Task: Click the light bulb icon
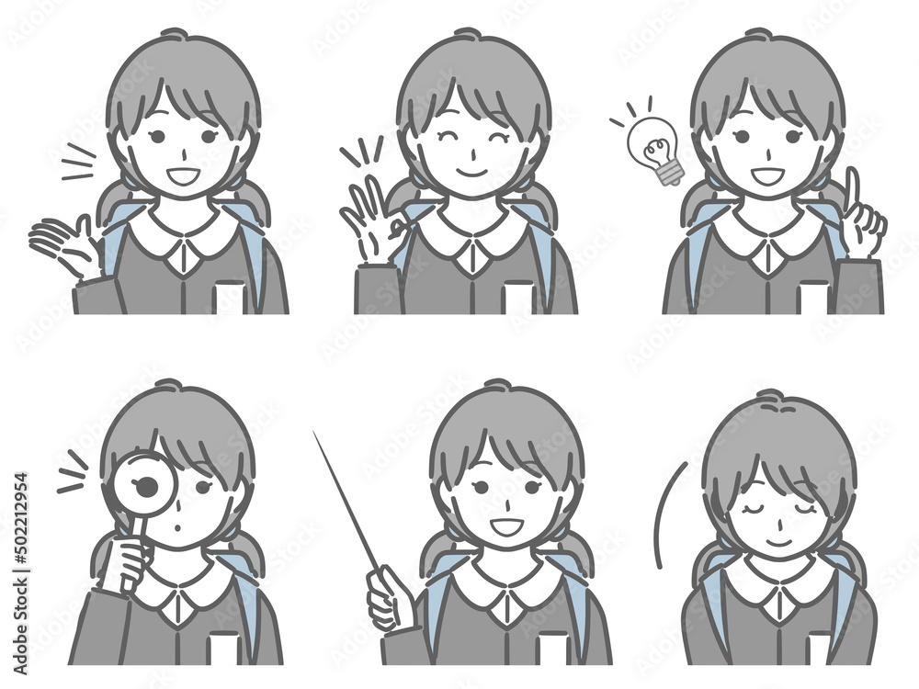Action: coord(652,146)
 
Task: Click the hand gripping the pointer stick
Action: coord(386,598)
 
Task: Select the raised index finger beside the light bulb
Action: coord(851,188)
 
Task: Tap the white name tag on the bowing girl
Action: coord(816,649)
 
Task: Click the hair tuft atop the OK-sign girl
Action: coord(467,34)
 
